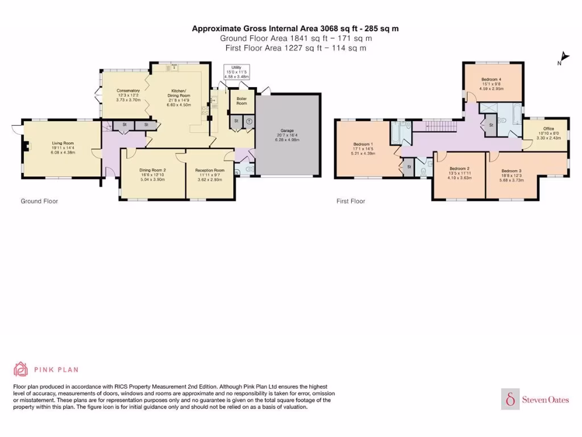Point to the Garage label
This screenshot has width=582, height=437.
(286, 129)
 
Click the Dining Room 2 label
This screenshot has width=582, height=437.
(152, 169)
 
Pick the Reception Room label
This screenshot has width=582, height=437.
(210, 170)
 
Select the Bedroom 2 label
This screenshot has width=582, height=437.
(459, 168)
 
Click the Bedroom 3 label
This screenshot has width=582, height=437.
(512, 171)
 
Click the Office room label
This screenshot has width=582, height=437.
(548, 129)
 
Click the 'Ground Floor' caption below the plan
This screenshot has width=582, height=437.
(39, 201)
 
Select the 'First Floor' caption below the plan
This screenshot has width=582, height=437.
(351, 201)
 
